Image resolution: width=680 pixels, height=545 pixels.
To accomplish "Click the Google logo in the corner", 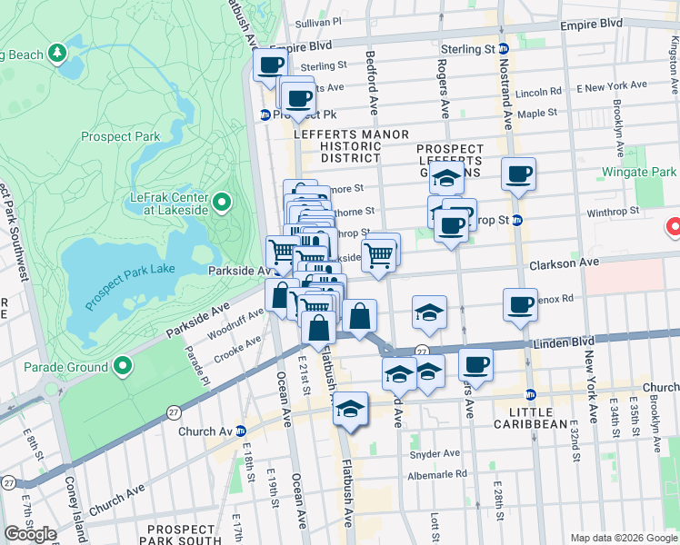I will (x=31, y=534).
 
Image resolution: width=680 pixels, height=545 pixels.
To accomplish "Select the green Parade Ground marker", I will (x=123, y=367).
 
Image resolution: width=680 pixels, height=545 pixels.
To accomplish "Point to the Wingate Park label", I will (x=639, y=172).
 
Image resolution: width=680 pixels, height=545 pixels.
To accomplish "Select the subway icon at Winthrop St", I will (x=516, y=220).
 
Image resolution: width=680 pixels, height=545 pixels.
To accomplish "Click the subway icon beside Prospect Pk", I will (x=265, y=115).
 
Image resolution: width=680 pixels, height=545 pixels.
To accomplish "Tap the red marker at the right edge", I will (x=674, y=227).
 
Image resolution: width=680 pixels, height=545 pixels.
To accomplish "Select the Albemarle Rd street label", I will (x=436, y=473).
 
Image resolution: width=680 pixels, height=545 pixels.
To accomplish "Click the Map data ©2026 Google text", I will (x=624, y=538).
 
